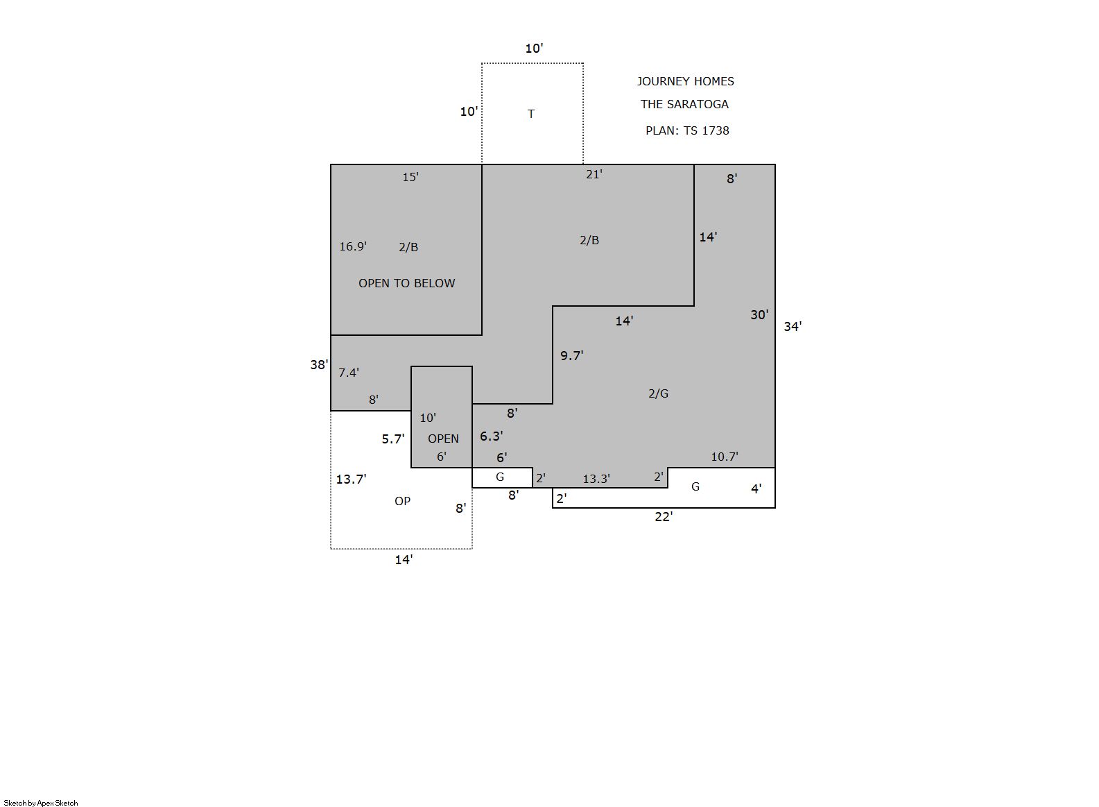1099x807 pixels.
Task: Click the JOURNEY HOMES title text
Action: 686,81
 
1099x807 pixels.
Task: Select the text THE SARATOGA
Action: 684,104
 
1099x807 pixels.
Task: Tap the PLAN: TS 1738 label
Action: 687,130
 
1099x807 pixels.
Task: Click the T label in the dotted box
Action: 531,114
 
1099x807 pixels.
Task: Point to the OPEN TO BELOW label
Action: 407,283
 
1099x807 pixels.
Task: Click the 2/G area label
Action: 658,393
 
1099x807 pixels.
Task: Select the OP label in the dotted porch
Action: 402,501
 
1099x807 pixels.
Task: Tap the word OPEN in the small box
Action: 443,439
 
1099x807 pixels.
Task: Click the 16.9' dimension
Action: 353,246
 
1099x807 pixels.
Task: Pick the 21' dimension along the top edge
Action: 594,174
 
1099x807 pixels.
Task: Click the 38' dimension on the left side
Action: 319,365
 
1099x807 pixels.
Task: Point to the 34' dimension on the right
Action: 793,326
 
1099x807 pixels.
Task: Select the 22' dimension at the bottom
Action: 664,517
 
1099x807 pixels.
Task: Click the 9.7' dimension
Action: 571,355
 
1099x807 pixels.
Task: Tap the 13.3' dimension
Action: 596,479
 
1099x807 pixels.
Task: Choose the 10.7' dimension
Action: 724,457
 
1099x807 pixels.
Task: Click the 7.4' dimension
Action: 348,373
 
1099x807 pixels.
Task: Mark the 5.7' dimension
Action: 393,439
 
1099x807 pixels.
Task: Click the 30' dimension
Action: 759,314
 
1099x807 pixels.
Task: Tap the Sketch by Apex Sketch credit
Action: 41,803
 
